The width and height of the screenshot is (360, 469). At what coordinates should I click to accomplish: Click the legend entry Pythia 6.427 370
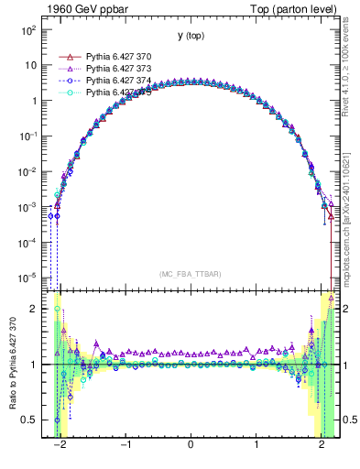[119, 56]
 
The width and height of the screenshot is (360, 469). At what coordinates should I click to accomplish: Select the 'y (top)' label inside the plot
[191, 36]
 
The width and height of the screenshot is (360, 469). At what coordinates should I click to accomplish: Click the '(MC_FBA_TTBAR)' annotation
[191, 273]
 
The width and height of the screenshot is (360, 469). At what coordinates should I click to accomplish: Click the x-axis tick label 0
[191, 450]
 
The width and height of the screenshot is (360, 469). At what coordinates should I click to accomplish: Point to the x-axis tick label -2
[59, 450]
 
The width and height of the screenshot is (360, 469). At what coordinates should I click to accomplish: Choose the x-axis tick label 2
[322, 450]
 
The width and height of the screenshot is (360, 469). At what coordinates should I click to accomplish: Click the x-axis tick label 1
[256, 450]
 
